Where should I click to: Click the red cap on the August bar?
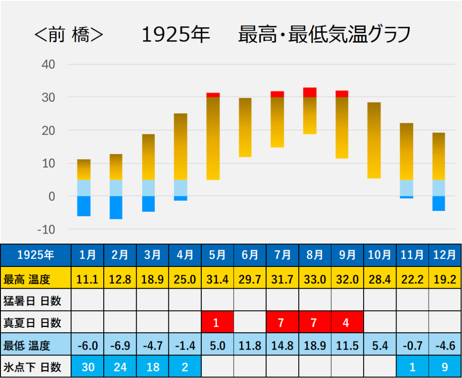pyautogui.click(x=310, y=92)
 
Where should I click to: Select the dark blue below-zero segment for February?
pyautogui.click(x=116, y=207)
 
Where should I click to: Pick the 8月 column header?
pyautogui.click(x=315, y=255)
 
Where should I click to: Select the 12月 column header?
pyautogui.click(x=444, y=255)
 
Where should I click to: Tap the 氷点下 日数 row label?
pyautogui.click(x=32, y=367)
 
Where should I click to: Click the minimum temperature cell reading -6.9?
pyautogui.click(x=120, y=346)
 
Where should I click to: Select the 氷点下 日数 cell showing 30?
pyautogui.click(x=88, y=367)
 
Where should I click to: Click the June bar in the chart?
pyautogui.click(x=245, y=127)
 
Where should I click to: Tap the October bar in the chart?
pyautogui.click(x=374, y=140)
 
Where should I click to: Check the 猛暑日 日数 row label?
pyautogui.click(x=32, y=300)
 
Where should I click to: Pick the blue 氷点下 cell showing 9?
pyautogui.click(x=444, y=367)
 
